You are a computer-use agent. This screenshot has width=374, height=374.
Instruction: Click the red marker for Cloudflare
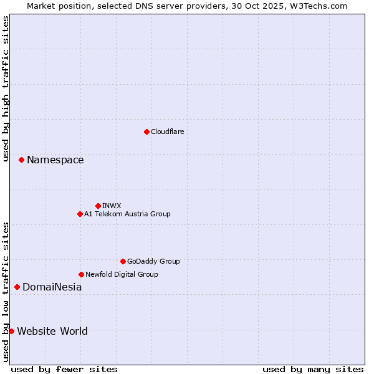pos(146,132)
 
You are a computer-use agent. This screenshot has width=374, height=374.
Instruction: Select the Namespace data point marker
pos(21,160)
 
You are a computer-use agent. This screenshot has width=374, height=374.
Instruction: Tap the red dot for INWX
pos(98,206)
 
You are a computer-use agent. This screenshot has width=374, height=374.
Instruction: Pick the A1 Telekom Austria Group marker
pos(80,214)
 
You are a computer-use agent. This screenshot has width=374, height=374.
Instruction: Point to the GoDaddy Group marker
pos(123,261)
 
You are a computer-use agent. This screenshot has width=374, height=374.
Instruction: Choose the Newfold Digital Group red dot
pos(81,274)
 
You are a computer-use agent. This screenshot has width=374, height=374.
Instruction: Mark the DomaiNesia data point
pos(17,287)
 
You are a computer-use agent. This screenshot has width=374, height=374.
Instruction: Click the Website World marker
pos(11,331)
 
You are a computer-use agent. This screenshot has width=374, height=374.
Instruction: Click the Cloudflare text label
pos(168,132)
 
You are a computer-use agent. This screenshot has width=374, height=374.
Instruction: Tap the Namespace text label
pos(55,160)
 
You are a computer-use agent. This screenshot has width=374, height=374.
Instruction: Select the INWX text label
pos(112,206)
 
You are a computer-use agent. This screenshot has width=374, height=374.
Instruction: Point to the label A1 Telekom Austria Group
pos(127,214)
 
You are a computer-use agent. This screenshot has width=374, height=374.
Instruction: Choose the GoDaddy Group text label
pos(153,261)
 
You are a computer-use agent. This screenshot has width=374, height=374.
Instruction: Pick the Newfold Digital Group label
pos(122,274)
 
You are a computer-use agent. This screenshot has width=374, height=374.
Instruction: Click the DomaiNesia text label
pos(52,287)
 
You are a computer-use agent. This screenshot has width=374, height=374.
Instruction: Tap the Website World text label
pos(52,331)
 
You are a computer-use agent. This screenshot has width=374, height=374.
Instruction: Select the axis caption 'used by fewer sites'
pos(64,369)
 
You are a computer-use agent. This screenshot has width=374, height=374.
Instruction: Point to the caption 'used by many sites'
pos(313,369)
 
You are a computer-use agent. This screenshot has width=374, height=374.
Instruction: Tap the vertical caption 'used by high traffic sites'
pos(6,89)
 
